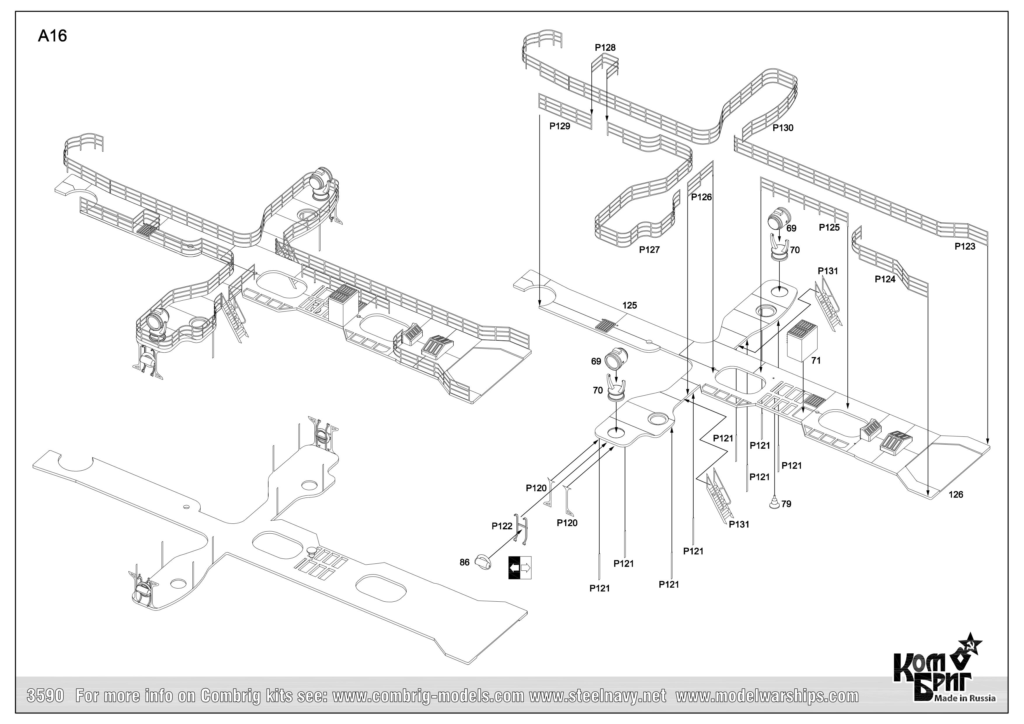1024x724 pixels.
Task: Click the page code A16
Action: (x=52, y=36)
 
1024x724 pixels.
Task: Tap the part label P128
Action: (x=605, y=47)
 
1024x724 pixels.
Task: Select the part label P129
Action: (x=559, y=126)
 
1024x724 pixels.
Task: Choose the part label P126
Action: (x=701, y=197)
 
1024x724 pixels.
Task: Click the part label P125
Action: (x=829, y=227)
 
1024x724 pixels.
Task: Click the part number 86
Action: (x=464, y=563)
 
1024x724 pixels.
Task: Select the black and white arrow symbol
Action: (x=520, y=568)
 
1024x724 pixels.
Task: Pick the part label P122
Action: (x=502, y=526)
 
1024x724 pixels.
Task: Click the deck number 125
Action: (x=629, y=306)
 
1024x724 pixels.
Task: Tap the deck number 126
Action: (x=956, y=495)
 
